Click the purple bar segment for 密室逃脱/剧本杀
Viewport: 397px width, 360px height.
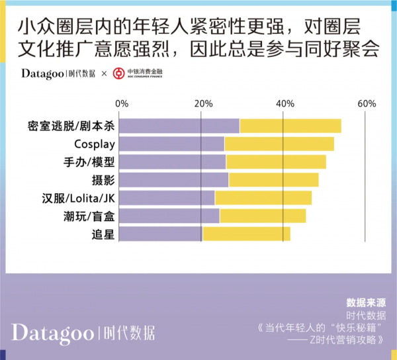[x=179, y=126]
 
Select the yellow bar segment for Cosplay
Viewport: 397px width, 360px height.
[x=279, y=144]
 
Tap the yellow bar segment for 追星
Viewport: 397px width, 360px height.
[x=246, y=233]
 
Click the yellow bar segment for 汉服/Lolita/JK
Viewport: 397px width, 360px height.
[x=263, y=197]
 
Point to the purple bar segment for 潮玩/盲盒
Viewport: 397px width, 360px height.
[x=169, y=215]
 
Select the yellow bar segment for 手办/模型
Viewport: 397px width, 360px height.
[x=276, y=161]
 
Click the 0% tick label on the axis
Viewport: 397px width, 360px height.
[x=122, y=104]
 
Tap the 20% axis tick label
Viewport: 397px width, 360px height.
[x=203, y=104]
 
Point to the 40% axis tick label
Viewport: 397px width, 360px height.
[x=285, y=104]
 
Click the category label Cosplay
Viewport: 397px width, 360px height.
[x=95, y=144]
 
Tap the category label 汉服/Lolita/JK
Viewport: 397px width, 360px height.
[x=78, y=198]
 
